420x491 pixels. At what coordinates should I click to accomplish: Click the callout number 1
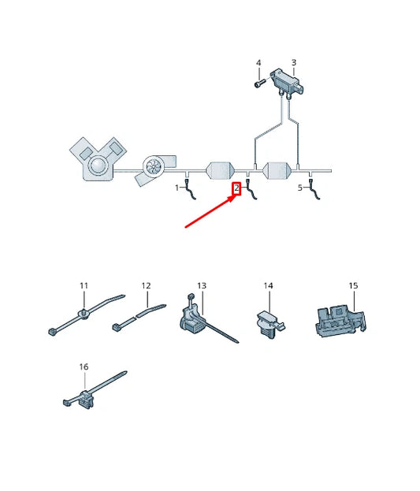point(177,188)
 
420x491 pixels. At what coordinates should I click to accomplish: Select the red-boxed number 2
point(236,188)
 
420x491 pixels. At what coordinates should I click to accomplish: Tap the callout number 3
point(293,62)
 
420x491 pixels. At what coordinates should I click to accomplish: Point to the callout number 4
point(258,62)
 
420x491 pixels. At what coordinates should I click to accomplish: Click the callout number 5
point(299,188)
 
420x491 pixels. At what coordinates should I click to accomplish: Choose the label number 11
point(84,285)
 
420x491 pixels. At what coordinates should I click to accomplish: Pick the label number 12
point(146,285)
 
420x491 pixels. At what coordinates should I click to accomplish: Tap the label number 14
point(268,285)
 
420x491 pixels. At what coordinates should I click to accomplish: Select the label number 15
point(353,285)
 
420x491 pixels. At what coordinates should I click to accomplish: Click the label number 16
point(84,367)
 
